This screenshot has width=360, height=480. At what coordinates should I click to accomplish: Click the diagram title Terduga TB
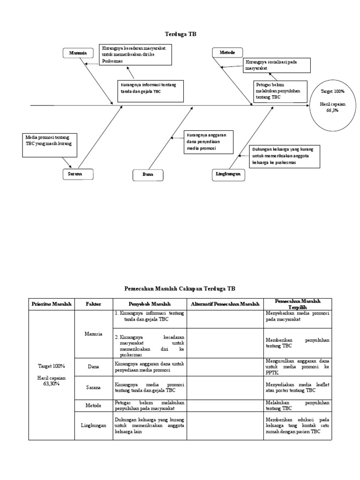(x=180, y=34)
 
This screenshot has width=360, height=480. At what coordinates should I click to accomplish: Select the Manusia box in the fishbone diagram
(x=78, y=53)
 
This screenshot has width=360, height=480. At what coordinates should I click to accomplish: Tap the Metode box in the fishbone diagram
(x=227, y=52)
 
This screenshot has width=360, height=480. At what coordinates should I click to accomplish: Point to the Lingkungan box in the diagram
(x=228, y=173)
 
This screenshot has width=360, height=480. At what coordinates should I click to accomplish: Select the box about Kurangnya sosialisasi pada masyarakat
(x=277, y=65)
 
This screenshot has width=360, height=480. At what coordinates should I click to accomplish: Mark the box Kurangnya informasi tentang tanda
(x=148, y=88)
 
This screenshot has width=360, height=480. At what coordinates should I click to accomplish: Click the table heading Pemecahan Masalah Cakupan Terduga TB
(x=180, y=289)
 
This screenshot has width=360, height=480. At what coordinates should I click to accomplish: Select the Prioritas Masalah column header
(x=52, y=304)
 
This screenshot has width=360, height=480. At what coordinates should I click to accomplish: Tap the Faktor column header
(x=93, y=304)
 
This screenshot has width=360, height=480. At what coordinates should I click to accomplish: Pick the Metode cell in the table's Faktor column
(x=93, y=405)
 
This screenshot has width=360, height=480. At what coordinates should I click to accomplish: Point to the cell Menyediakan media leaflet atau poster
(x=297, y=387)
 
